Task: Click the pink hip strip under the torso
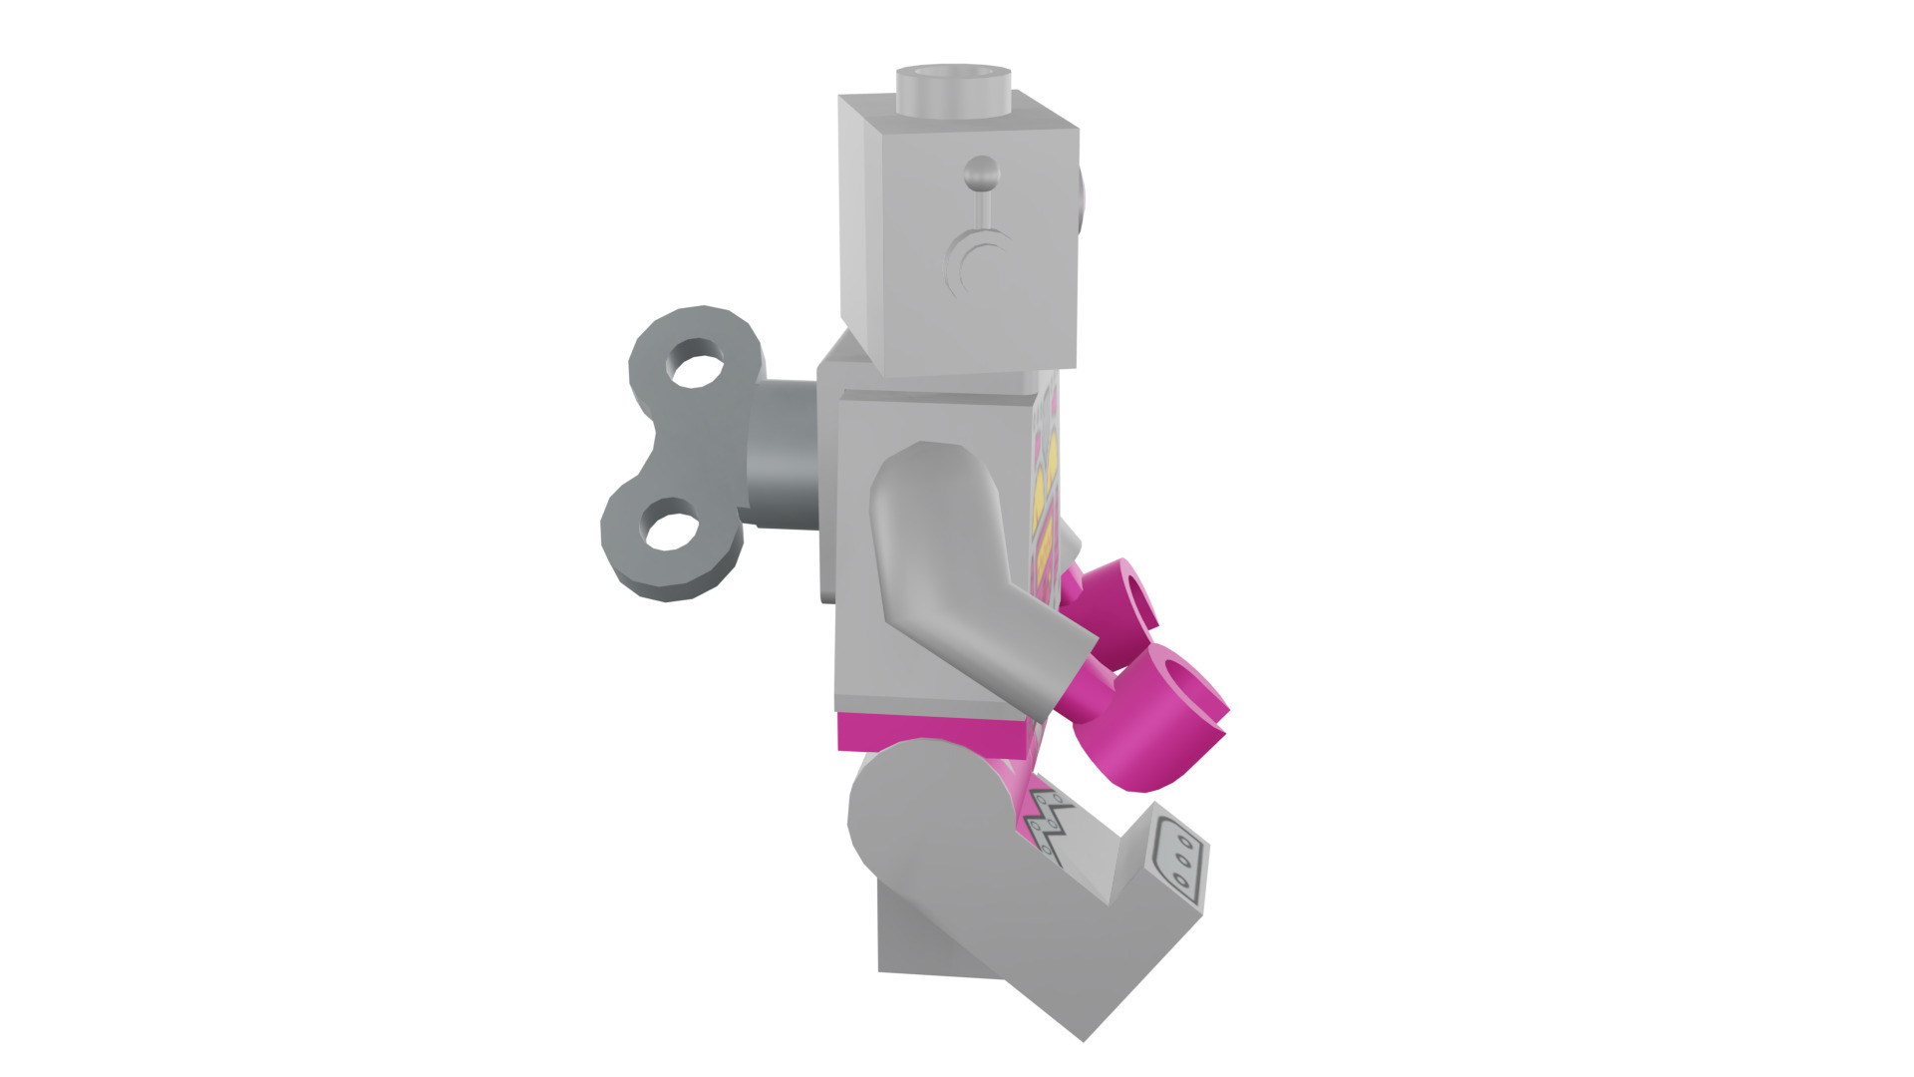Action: [927, 733]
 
